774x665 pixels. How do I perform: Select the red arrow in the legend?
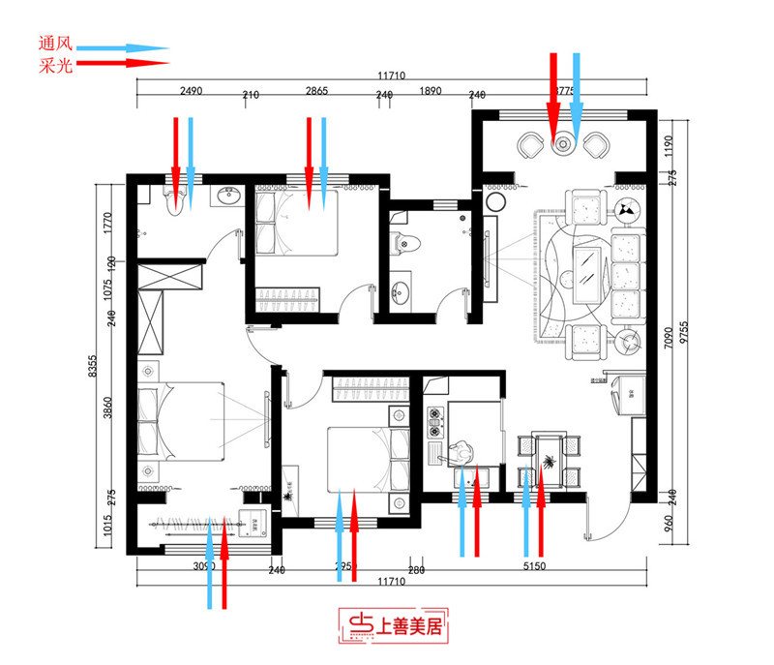pyautogui.click(x=123, y=63)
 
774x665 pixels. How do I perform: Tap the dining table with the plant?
pyautogui.click(x=548, y=459)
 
